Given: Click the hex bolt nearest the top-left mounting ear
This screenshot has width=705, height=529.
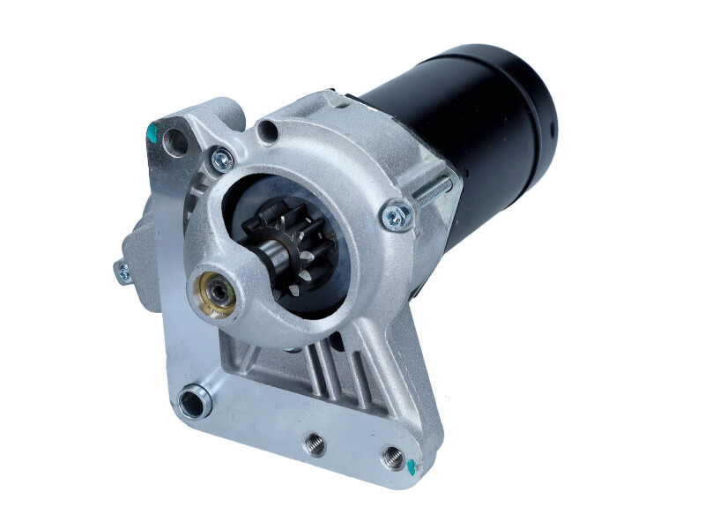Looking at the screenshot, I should [x=221, y=160].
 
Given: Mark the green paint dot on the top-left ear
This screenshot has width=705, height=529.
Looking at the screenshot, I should [x=150, y=134].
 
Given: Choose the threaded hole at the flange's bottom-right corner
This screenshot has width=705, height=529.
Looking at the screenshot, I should [x=392, y=457].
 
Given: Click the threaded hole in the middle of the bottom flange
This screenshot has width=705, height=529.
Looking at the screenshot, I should [x=315, y=444].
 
